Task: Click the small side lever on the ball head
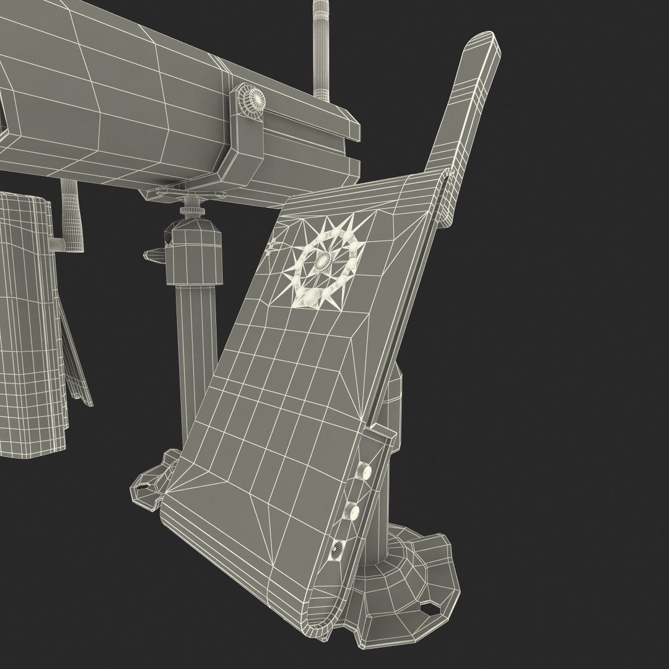[x=154, y=253]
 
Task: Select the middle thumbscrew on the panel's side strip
[x=351, y=511]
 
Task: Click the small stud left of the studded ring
[x=273, y=249]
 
